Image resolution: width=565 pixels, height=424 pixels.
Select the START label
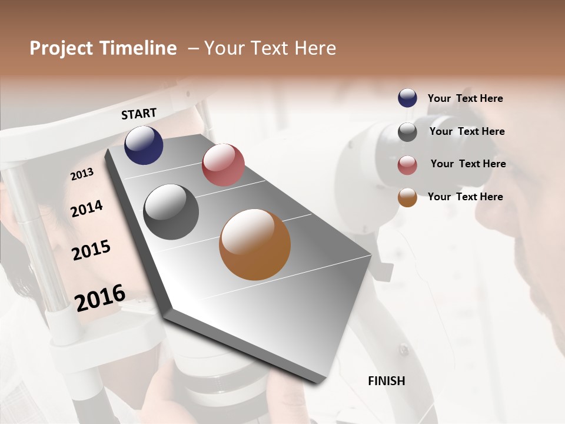coord(139,114)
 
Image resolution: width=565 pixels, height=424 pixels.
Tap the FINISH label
coord(387,381)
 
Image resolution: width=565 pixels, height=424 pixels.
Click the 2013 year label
coord(82,174)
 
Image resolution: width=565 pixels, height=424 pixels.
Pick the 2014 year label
coord(87,209)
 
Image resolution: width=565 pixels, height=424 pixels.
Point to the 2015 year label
coord(91,250)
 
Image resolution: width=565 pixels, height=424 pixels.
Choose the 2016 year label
coord(100,297)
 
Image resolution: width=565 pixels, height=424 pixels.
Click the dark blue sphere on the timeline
coord(144,145)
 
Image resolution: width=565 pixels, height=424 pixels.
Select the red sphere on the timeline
coord(223,165)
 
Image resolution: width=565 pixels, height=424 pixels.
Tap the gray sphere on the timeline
coord(171,212)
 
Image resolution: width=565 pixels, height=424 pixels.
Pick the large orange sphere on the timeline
coord(255,244)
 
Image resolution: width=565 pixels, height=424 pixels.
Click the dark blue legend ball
coord(407,98)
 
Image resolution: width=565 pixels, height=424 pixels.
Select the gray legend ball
coord(407,132)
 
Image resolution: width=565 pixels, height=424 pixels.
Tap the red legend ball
coord(407,165)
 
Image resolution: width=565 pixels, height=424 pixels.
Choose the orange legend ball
coord(407,197)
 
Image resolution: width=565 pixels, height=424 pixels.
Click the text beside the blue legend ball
coord(465,99)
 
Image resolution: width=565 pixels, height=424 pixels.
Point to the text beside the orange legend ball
coord(465,197)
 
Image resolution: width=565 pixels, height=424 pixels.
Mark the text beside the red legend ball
coord(468,164)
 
